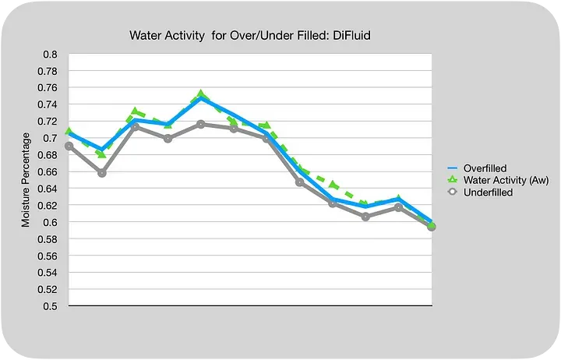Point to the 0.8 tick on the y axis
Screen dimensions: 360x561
pyautogui.click(x=50, y=55)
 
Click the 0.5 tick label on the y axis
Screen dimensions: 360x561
pyautogui.click(x=50, y=306)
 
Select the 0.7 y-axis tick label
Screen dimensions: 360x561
pyautogui.click(x=50, y=139)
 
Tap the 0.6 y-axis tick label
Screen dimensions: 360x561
pyautogui.click(x=50, y=222)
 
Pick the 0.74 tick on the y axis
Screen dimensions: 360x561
pyautogui.click(x=48, y=105)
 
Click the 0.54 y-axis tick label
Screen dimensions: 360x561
pyautogui.click(x=48, y=273)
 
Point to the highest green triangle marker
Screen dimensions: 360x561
pyautogui.click(x=201, y=94)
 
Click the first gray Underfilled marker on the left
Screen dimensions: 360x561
pyautogui.click(x=69, y=146)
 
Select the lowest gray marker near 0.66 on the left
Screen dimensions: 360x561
pyautogui.click(x=102, y=173)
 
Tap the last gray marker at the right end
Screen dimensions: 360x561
pyautogui.click(x=431, y=227)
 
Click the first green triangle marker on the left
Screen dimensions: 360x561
pyautogui.click(x=69, y=132)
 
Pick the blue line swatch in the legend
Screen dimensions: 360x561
pyautogui.click(x=452, y=168)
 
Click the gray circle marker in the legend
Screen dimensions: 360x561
pyautogui.click(x=452, y=192)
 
